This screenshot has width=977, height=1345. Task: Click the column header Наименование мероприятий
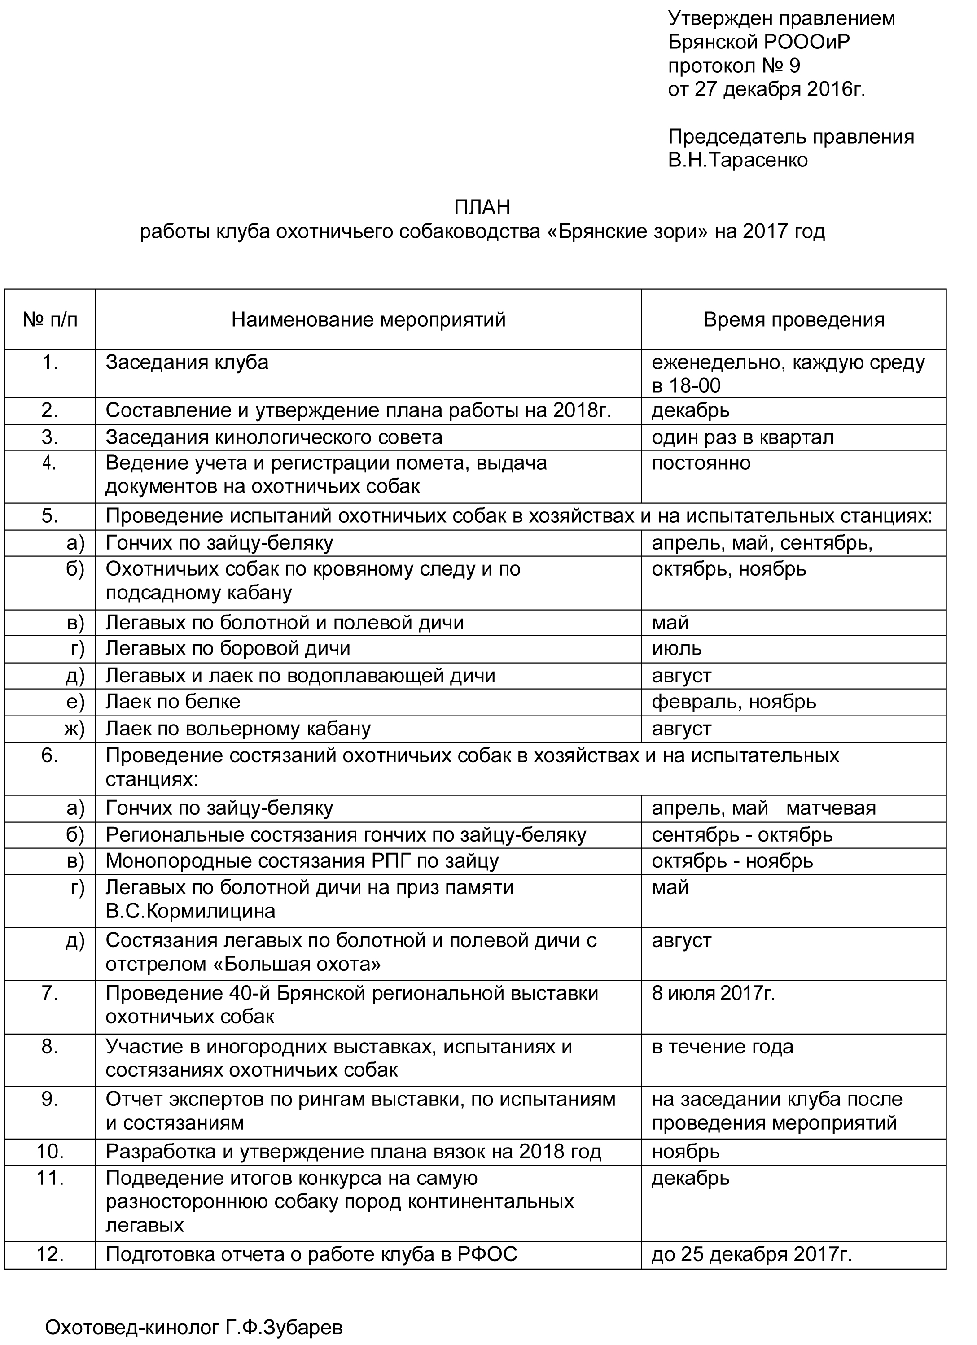[368, 319]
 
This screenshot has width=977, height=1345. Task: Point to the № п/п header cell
[50, 319]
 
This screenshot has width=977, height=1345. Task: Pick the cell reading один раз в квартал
[742, 437]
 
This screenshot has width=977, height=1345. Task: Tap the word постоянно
[701, 463]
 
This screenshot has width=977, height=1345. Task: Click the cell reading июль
[676, 649]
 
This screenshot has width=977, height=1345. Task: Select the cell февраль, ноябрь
[733, 702]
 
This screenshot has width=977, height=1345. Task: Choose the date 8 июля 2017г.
[713, 993]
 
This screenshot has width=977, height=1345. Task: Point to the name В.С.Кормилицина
[190, 911]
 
